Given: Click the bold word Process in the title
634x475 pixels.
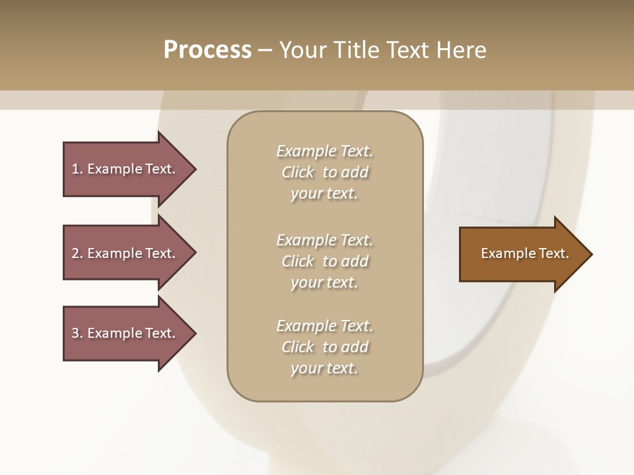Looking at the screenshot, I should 207,50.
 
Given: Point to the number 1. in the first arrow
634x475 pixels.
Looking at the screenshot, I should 77,169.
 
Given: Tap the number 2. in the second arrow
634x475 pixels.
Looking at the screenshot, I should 77,253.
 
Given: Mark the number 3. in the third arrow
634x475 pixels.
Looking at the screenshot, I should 77,333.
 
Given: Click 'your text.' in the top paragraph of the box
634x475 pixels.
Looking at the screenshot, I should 324,193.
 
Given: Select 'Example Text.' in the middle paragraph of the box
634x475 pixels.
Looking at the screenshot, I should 324,239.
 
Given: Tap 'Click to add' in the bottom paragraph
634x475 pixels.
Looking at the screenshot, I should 324,347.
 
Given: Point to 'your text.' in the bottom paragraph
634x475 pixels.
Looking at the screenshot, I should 324,368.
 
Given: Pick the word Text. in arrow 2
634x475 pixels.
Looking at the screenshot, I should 160,253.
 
